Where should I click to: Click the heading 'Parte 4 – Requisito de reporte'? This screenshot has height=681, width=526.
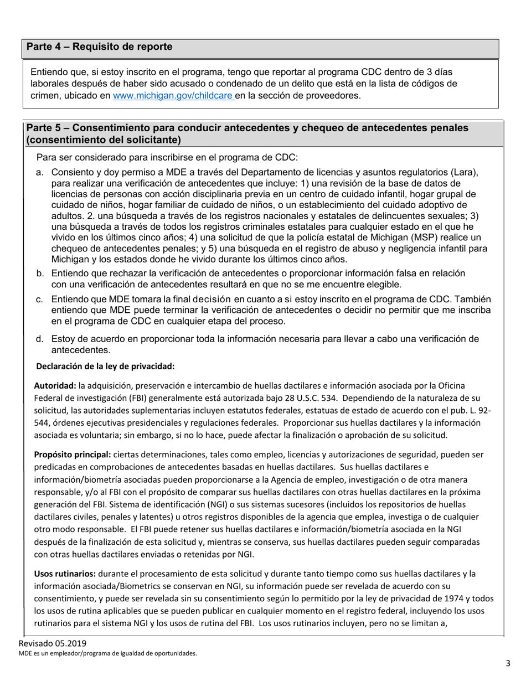point(100,47)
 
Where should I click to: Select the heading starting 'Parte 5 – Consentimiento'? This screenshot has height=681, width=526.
point(247,133)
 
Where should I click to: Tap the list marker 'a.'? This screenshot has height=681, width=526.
point(40,173)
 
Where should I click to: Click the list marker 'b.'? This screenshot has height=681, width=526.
point(40,274)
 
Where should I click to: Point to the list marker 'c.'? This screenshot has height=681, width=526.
point(40,300)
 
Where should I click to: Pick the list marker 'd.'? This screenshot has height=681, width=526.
point(40,339)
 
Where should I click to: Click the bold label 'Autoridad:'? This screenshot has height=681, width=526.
point(55,385)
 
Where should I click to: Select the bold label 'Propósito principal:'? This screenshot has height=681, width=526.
point(73,455)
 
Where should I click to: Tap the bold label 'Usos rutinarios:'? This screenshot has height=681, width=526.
point(65,574)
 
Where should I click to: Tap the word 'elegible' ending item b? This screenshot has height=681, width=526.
point(383,285)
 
